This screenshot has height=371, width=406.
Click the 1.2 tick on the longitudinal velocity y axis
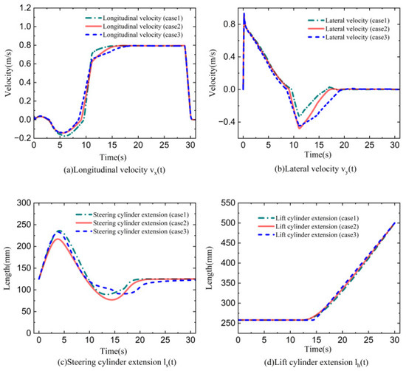(25, 8)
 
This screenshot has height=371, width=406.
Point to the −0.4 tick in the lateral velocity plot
(226, 122)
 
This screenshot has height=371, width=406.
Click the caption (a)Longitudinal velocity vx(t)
(114, 170)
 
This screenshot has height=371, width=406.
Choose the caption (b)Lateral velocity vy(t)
(315, 169)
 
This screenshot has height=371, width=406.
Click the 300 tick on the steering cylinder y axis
(24, 202)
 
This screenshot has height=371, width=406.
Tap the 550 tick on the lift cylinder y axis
(228, 202)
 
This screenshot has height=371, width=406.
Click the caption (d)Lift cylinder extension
(316, 362)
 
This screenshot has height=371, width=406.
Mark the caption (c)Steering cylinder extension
(117, 362)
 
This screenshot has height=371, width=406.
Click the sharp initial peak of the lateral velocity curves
(244, 13)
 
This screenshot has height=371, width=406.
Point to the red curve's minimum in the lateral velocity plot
(299, 129)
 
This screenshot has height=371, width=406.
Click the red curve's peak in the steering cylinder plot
(58, 239)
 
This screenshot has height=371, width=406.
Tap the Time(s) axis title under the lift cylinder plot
(317, 350)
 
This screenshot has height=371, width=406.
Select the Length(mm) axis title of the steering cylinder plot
(7, 268)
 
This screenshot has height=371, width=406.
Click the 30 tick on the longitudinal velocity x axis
(190, 145)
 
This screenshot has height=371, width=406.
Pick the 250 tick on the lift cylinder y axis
(228, 323)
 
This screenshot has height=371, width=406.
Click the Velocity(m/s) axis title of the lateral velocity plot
(213, 72)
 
